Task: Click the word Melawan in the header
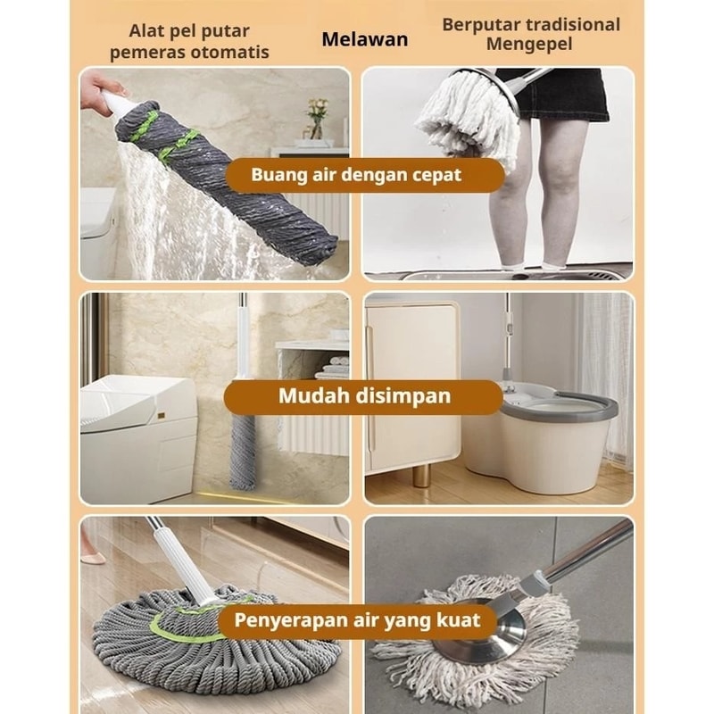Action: (x=365, y=39)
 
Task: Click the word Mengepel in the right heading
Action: (x=529, y=44)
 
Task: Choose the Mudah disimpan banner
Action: (x=363, y=395)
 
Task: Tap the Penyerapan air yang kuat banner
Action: (x=357, y=620)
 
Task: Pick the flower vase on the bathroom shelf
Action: (x=317, y=120)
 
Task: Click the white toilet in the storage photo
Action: (x=138, y=437)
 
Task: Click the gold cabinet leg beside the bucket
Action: (x=421, y=476)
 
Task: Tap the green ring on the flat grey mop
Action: (x=186, y=627)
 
